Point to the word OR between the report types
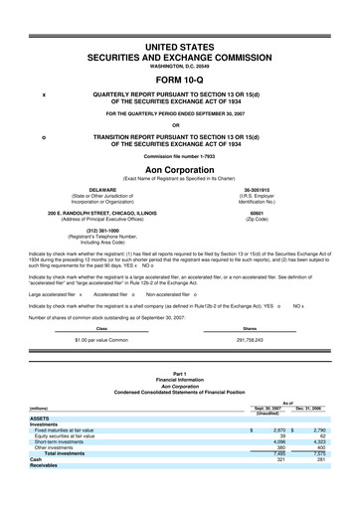(180, 124)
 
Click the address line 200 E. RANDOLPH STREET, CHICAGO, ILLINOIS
(96, 212)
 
